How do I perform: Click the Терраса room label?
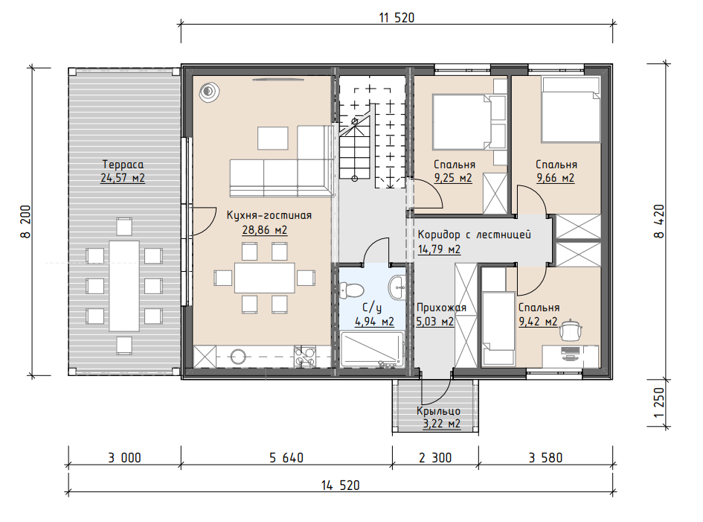[123, 165]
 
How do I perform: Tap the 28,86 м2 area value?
[265, 230]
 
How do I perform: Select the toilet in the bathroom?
[351, 290]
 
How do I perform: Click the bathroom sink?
[397, 287]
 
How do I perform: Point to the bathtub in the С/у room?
[372, 349]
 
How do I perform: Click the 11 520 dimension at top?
[397, 18]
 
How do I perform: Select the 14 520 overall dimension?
[340, 486]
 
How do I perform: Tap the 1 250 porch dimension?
[658, 402]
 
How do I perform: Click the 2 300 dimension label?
[435, 458]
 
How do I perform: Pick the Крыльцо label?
[438, 411]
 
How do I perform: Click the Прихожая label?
[442, 308]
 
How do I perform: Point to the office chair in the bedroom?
[571, 331]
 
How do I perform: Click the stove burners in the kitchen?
[305, 357]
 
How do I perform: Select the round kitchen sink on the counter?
[238, 357]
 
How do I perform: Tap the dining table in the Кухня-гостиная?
[265, 278]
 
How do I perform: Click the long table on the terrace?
[124, 285]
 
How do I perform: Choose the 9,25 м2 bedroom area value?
[453, 178]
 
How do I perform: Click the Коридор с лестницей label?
[475, 235]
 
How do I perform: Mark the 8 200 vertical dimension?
[25, 221]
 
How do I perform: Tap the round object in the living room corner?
[209, 92]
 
